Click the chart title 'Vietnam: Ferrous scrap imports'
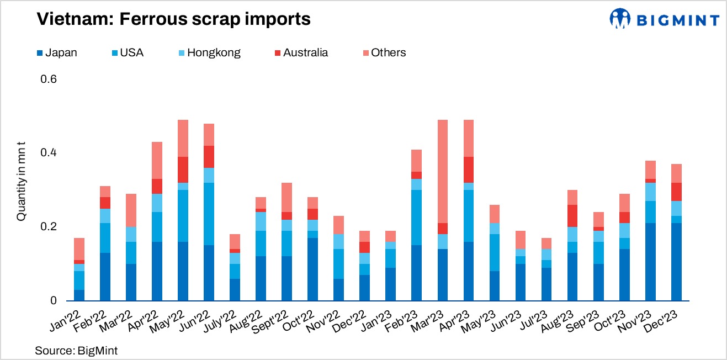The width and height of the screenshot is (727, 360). [173, 20]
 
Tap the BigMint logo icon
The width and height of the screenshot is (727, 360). [620, 19]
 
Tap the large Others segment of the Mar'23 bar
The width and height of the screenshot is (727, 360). [443, 171]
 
